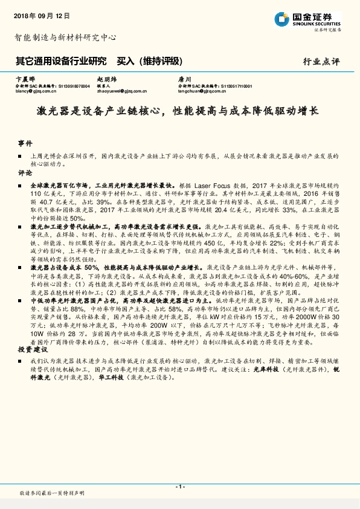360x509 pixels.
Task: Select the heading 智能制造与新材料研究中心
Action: click(65, 37)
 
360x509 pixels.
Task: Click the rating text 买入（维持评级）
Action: click(149, 61)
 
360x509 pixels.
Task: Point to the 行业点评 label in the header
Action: click(321, 62)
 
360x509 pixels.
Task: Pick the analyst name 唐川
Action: click(184, 79)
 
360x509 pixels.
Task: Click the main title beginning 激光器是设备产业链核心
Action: click(179, 112)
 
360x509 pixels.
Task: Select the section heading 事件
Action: click(25, 144)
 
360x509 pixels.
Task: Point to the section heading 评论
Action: click(25, 172)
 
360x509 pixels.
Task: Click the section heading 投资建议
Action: click(32, 349)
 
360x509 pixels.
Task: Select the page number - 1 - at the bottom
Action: click(179, 486)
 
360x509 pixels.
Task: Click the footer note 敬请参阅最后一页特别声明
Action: click(53, 493)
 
